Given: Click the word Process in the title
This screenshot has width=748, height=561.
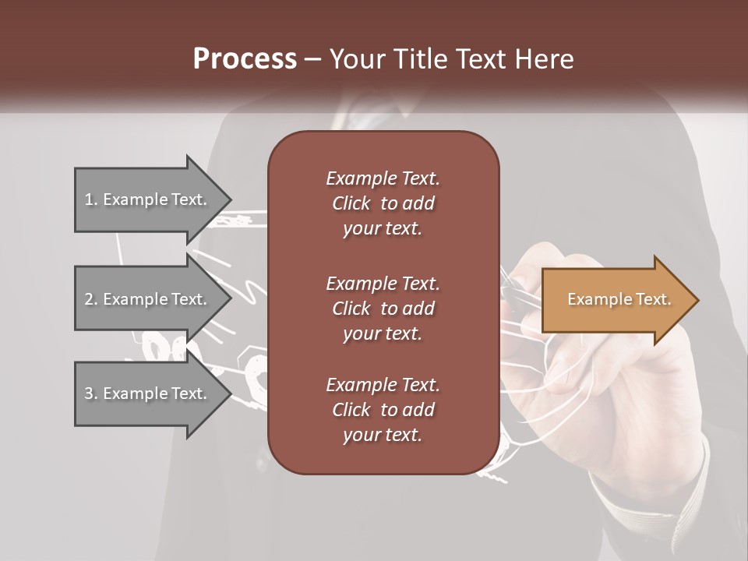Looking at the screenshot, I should point(245,59).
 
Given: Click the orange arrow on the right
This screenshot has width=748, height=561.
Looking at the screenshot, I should point(616,300).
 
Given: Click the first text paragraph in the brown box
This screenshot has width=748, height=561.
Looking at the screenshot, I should point(383,203).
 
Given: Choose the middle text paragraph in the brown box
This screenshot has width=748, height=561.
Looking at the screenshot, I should point(383,308).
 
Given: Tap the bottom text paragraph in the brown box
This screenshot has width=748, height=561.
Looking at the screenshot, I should point(383,410).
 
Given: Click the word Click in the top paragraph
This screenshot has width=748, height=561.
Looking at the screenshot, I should point(351,203).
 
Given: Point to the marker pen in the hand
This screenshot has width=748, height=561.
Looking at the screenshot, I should point(514,288).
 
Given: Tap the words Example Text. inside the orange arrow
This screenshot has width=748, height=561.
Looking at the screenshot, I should point(619,299).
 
